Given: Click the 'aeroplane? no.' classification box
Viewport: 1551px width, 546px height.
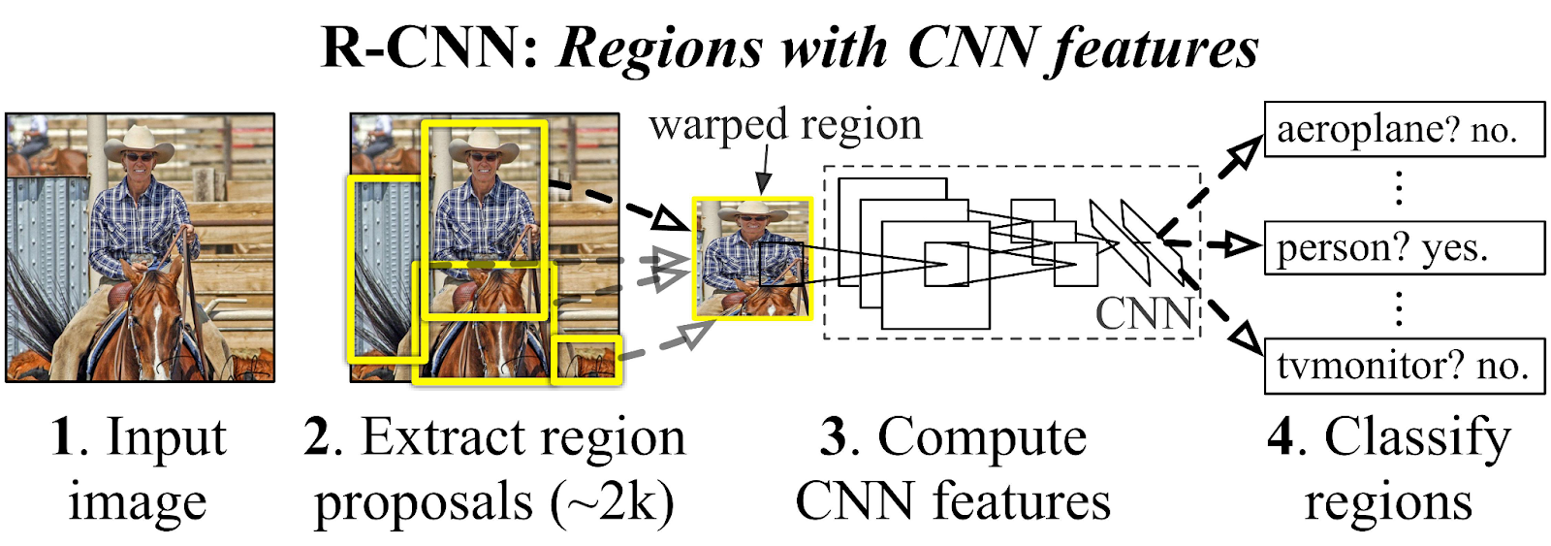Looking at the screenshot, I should tap(1404, 128).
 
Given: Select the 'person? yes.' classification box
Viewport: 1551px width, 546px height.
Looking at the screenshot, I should tap(1404, 247).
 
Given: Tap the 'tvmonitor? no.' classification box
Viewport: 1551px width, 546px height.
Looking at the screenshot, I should tap(1404, 366).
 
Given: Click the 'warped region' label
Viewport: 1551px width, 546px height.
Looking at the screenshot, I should tap(785, 125).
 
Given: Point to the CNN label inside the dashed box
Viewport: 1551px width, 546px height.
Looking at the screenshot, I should tap(1144, 313).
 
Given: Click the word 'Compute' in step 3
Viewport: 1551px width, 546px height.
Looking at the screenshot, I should tap(981, 437).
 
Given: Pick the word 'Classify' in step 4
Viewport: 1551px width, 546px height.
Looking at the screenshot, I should tap(1417, 437).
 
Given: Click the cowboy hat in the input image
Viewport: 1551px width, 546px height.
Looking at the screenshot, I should tap(140, 144).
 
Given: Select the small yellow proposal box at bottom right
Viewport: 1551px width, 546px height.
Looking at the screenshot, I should tap(586, 361).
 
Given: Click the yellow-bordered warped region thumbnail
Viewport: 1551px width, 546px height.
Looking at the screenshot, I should tap(752, 258).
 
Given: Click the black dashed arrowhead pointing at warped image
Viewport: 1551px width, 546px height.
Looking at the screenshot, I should tap(669, 218).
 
